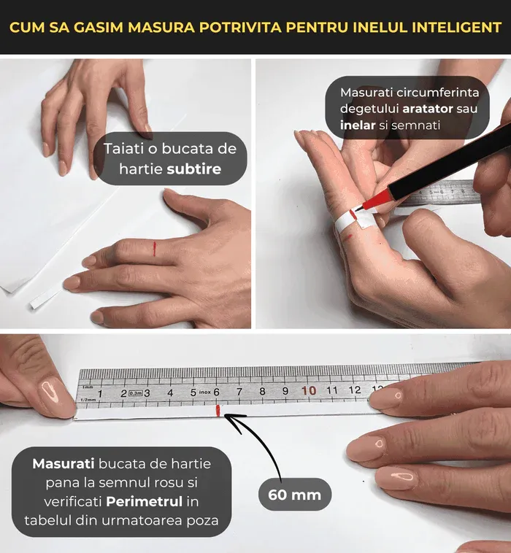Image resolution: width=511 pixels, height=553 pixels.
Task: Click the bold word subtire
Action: coord(193,171)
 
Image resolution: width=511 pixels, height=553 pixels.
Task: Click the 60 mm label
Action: coord(294,495)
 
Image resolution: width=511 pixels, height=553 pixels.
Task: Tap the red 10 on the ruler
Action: coord(309,391)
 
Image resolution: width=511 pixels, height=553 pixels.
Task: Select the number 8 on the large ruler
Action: coord(262,392)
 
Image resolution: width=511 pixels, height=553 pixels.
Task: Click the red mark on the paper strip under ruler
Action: coord(218,412)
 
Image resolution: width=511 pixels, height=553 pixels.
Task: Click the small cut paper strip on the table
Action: coord(46,297)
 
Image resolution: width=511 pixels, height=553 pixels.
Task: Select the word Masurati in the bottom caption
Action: coord(60,464)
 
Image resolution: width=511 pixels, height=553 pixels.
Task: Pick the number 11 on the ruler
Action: coord(332,390)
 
